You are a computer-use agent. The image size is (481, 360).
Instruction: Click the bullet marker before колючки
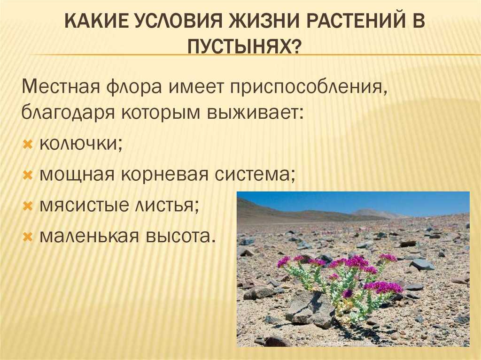tap(28, 144)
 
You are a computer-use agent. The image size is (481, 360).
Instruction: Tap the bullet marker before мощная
tap(28, 175)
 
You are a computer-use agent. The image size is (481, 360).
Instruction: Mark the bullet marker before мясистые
tap(28, 206)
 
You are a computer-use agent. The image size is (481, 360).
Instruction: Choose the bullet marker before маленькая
tap(28, 237)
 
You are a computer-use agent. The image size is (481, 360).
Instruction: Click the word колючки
tap(81, 143)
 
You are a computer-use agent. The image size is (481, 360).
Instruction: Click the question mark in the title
tap(295, 47)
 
